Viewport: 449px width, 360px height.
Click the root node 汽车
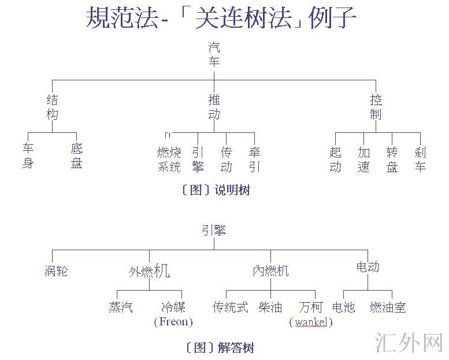coord(214,54)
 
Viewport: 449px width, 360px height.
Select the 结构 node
coord(53,107)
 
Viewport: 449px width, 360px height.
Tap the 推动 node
coord(214,107)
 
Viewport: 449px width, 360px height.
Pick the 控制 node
coord(376,107)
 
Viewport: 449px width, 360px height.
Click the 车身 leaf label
coord(28,156)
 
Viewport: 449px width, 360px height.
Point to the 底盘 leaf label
coord(77,156)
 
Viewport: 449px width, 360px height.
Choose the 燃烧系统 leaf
coord(169,160)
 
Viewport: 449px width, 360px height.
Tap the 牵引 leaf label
coord(254,160)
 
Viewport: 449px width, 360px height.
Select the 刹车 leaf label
coord(420,160)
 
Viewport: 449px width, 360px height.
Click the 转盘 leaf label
coord(392,160)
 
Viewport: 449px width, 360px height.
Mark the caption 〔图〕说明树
coord(216,190)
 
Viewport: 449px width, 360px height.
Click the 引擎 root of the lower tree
coord(214,231)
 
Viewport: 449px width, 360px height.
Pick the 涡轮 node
coord(56,270)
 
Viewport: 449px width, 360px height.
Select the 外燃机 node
coord(149,270)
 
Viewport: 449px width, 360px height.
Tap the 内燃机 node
coord(270,270)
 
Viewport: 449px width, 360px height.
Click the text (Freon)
coord(173,321)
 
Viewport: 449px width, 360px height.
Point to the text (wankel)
coord(311,322)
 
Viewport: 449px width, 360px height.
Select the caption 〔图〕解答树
coord(220,347)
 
